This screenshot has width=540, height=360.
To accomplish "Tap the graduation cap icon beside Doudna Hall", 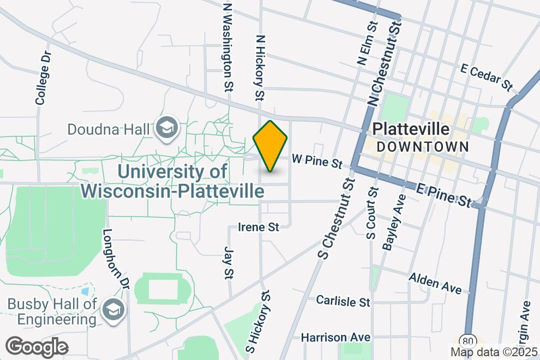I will click(x=167, y=129).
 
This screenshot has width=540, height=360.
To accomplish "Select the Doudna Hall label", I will click(x=108, y=130).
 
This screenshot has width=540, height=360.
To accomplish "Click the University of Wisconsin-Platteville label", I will click(x=172, y=182).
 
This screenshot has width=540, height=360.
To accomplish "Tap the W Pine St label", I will click(x=317, y=161).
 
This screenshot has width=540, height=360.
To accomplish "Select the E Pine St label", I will click(x=443, y=195).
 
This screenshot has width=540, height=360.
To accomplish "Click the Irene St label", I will click(x=259, y=227).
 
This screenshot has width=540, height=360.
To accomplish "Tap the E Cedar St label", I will click(x=487, y=77).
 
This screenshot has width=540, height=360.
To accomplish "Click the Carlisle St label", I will click(x=343, y=301).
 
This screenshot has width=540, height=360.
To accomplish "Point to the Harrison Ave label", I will click(x=335, y=338).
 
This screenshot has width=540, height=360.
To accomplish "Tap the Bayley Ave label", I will click(x=394, y=222).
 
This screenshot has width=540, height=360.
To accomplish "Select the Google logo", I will click(x=37, y=347).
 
